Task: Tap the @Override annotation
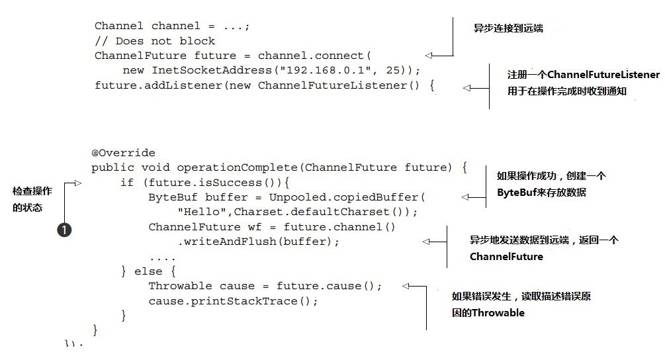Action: point(124,153)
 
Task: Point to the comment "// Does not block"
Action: point(155,41)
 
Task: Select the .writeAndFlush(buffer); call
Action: point(259,242)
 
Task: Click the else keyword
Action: point(147,271)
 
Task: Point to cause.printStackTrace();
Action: point(234,300)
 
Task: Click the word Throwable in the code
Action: point(180,286)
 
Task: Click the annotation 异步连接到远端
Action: point(508,28)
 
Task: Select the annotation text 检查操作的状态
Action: point(32,199)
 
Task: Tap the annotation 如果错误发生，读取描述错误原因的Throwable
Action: point(521,304)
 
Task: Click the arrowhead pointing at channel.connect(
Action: point(429,56)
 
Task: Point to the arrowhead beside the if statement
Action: point(77,183)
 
